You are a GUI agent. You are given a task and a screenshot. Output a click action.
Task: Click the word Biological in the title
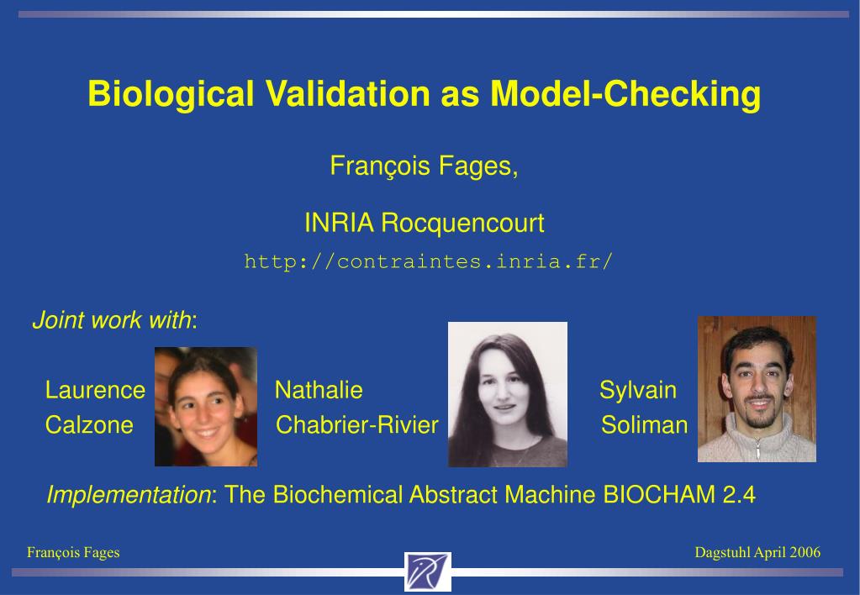[x=171, y=94]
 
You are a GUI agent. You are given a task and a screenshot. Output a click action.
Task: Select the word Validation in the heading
[x=348, y=93]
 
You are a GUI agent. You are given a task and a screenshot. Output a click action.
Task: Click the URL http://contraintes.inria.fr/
[x=428, y=261]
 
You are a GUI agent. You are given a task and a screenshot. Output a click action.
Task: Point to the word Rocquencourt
[x=462, y=224]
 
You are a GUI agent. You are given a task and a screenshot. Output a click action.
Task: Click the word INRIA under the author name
[x=339, y=223]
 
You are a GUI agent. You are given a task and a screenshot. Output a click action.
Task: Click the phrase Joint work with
[x=112, y=320]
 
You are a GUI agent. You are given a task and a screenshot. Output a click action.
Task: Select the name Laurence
[x=96, y=390]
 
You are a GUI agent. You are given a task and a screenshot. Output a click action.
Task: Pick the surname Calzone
[x=89, y=425]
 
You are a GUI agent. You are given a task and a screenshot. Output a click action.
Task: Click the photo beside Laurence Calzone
[x=206, y=407]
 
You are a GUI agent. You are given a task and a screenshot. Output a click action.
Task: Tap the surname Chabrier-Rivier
[x=357, y=425]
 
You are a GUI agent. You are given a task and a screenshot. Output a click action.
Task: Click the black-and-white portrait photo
[x=508, y=394]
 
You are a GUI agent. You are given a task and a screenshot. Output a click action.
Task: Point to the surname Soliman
[x=645, y=425]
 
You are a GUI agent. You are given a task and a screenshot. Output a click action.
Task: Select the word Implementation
[x=129, y=495]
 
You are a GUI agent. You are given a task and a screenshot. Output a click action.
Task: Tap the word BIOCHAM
[x=659, y=495]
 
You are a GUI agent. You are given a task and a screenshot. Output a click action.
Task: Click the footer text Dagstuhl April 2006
[x=757, y=552]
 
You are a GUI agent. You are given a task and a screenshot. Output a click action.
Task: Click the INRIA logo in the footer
[x=428, y=572]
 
